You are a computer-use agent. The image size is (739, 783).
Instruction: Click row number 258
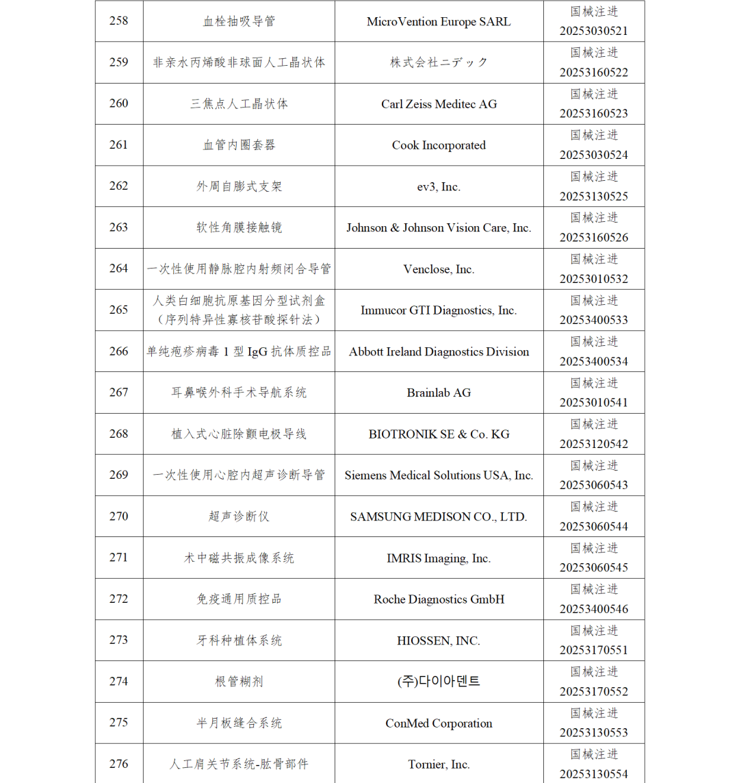pos(118,21)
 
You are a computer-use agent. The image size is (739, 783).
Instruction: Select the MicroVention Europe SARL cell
pos(439,21)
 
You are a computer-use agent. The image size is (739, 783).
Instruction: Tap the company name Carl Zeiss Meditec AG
pos(439,104)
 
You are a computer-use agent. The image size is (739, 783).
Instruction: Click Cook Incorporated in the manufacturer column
pos(439,145)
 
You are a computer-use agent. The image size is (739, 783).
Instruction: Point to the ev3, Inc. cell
pos(439,186)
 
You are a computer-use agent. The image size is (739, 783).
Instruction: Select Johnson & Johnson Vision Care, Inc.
pos(439,227)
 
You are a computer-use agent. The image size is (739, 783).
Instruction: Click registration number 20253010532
pos(593,279)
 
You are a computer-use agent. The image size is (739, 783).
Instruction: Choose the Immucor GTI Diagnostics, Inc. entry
pos(439,310)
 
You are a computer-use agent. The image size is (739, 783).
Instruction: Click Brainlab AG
pos(439,393)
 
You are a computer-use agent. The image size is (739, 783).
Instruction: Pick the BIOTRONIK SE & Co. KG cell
pos(439,434)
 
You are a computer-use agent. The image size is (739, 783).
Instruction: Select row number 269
pos(118,475)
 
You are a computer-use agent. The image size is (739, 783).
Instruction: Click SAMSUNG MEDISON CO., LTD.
pos(439,517)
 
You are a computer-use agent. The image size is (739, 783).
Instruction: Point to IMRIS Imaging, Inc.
pos(439,558)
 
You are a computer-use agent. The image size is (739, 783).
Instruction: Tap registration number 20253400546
pos(593,609)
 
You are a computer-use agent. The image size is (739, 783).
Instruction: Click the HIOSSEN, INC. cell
pos(439,641)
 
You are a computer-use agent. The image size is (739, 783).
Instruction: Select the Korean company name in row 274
pos(439,682)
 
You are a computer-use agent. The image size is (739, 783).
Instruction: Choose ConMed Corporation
pos(439,723)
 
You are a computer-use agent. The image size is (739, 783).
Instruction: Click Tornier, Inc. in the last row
pos(439,765)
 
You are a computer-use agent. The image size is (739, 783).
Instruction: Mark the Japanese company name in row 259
pos(439,62)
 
